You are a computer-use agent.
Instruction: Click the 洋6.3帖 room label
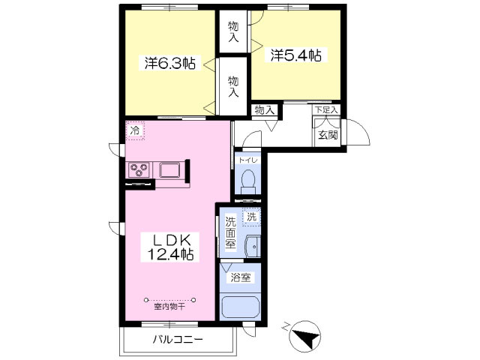[x=170, y=63]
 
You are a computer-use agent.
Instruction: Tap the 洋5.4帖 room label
[x=295, y=55]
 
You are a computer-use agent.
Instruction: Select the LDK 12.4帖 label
[x=170, y=247]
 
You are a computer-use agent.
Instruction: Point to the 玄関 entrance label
[x=328, y=135]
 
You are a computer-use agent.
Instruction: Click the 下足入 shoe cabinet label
[x=327, y=109]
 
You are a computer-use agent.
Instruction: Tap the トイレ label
[x=248, y=160]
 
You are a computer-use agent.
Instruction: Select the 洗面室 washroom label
[x=230, y=233]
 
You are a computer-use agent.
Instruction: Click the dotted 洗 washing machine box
[x=252, y=217]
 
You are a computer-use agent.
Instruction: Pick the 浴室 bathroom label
[x=241, y=277]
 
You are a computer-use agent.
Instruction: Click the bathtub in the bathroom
[x=241, y=307]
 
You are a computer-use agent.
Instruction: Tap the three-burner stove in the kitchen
[x=139, y=170]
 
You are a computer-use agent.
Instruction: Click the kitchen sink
[x=169, y=170]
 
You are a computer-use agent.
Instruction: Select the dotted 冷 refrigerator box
[x=135, y=130]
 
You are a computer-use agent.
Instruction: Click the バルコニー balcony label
[x=178, y=340]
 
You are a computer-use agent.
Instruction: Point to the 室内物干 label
[x=169, y=307]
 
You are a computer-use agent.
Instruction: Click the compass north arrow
[x=306, y=336]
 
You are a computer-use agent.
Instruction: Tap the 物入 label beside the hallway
[x=264, y=110]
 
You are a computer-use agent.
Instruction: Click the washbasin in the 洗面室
[x=253, y=247]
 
